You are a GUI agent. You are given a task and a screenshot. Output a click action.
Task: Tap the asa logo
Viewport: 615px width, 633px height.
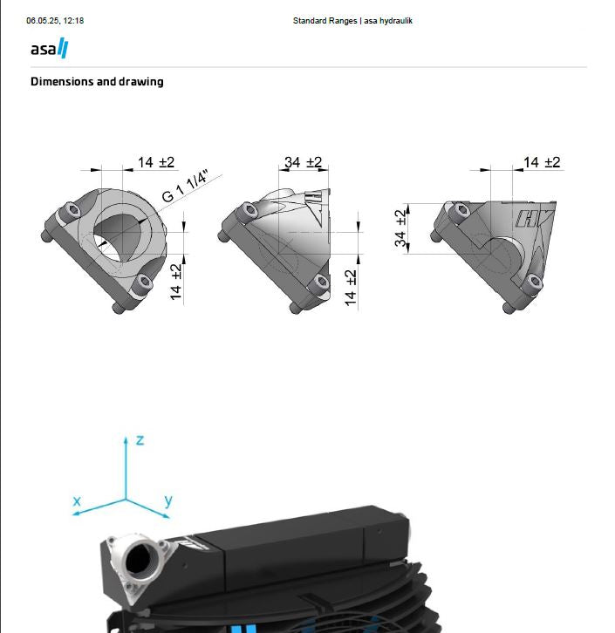tap(49, 49)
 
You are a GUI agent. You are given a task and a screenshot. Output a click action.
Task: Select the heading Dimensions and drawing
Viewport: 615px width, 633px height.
tap(97, 82)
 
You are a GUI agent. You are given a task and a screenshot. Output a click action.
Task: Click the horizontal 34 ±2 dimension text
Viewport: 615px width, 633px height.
tap(303, 162)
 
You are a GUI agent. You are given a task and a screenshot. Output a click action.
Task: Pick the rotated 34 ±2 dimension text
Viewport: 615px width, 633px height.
tap(400, 228)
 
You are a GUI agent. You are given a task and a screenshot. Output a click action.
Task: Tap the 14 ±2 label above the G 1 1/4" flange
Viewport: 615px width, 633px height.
tap(156, 162)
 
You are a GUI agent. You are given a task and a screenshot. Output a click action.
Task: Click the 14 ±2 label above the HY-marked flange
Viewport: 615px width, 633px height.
tap(541, 162)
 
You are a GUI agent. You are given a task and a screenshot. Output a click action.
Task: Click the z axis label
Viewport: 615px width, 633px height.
tap(140, 440)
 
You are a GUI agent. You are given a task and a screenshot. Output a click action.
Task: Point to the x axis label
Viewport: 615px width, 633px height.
tap(77, 501)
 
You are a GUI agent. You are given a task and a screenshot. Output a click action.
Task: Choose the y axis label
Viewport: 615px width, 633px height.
tap(167, 501)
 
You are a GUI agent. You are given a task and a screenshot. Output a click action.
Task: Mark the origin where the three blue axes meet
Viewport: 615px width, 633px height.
tap(126, 500)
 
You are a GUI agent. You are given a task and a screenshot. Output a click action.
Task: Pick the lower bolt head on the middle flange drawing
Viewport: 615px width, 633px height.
tap(322, 282)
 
